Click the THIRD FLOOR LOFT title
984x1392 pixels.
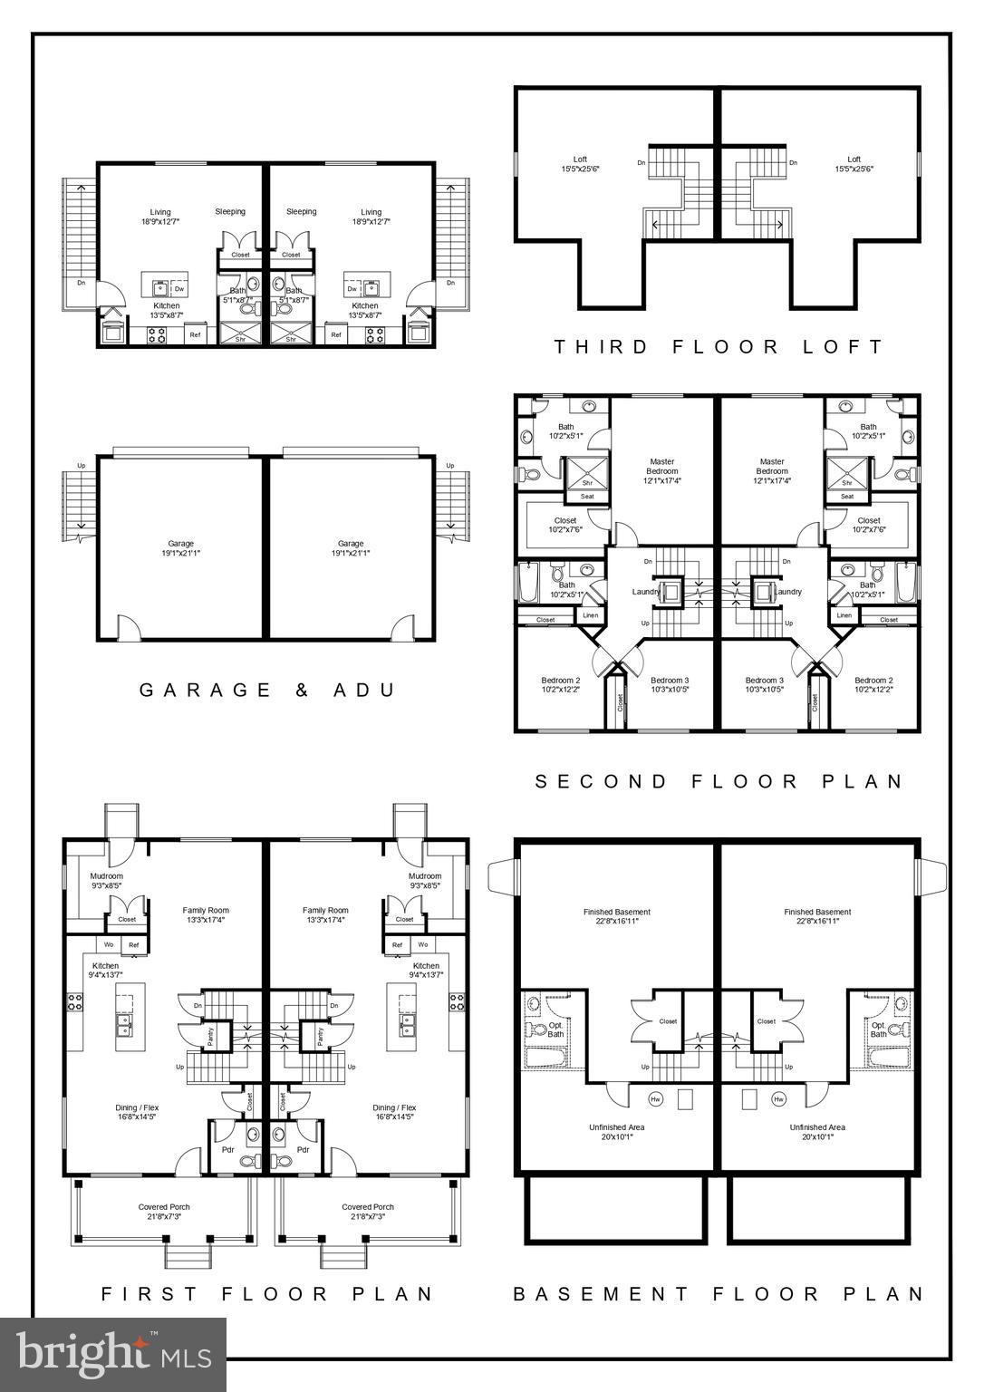point(718,346)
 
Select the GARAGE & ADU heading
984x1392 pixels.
point(268,690)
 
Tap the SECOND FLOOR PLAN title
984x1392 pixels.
point(719,781)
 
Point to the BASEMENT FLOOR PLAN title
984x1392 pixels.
point(719,1294)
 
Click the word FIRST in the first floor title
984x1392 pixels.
point(146,1294)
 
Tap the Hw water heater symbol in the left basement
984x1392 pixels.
point(656,1099)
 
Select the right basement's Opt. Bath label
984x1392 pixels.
point(878,1029)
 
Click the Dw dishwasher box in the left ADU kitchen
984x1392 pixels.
point(179,289)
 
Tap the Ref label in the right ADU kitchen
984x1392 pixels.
point(336,335)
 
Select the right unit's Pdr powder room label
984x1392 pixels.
point(304,1150)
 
